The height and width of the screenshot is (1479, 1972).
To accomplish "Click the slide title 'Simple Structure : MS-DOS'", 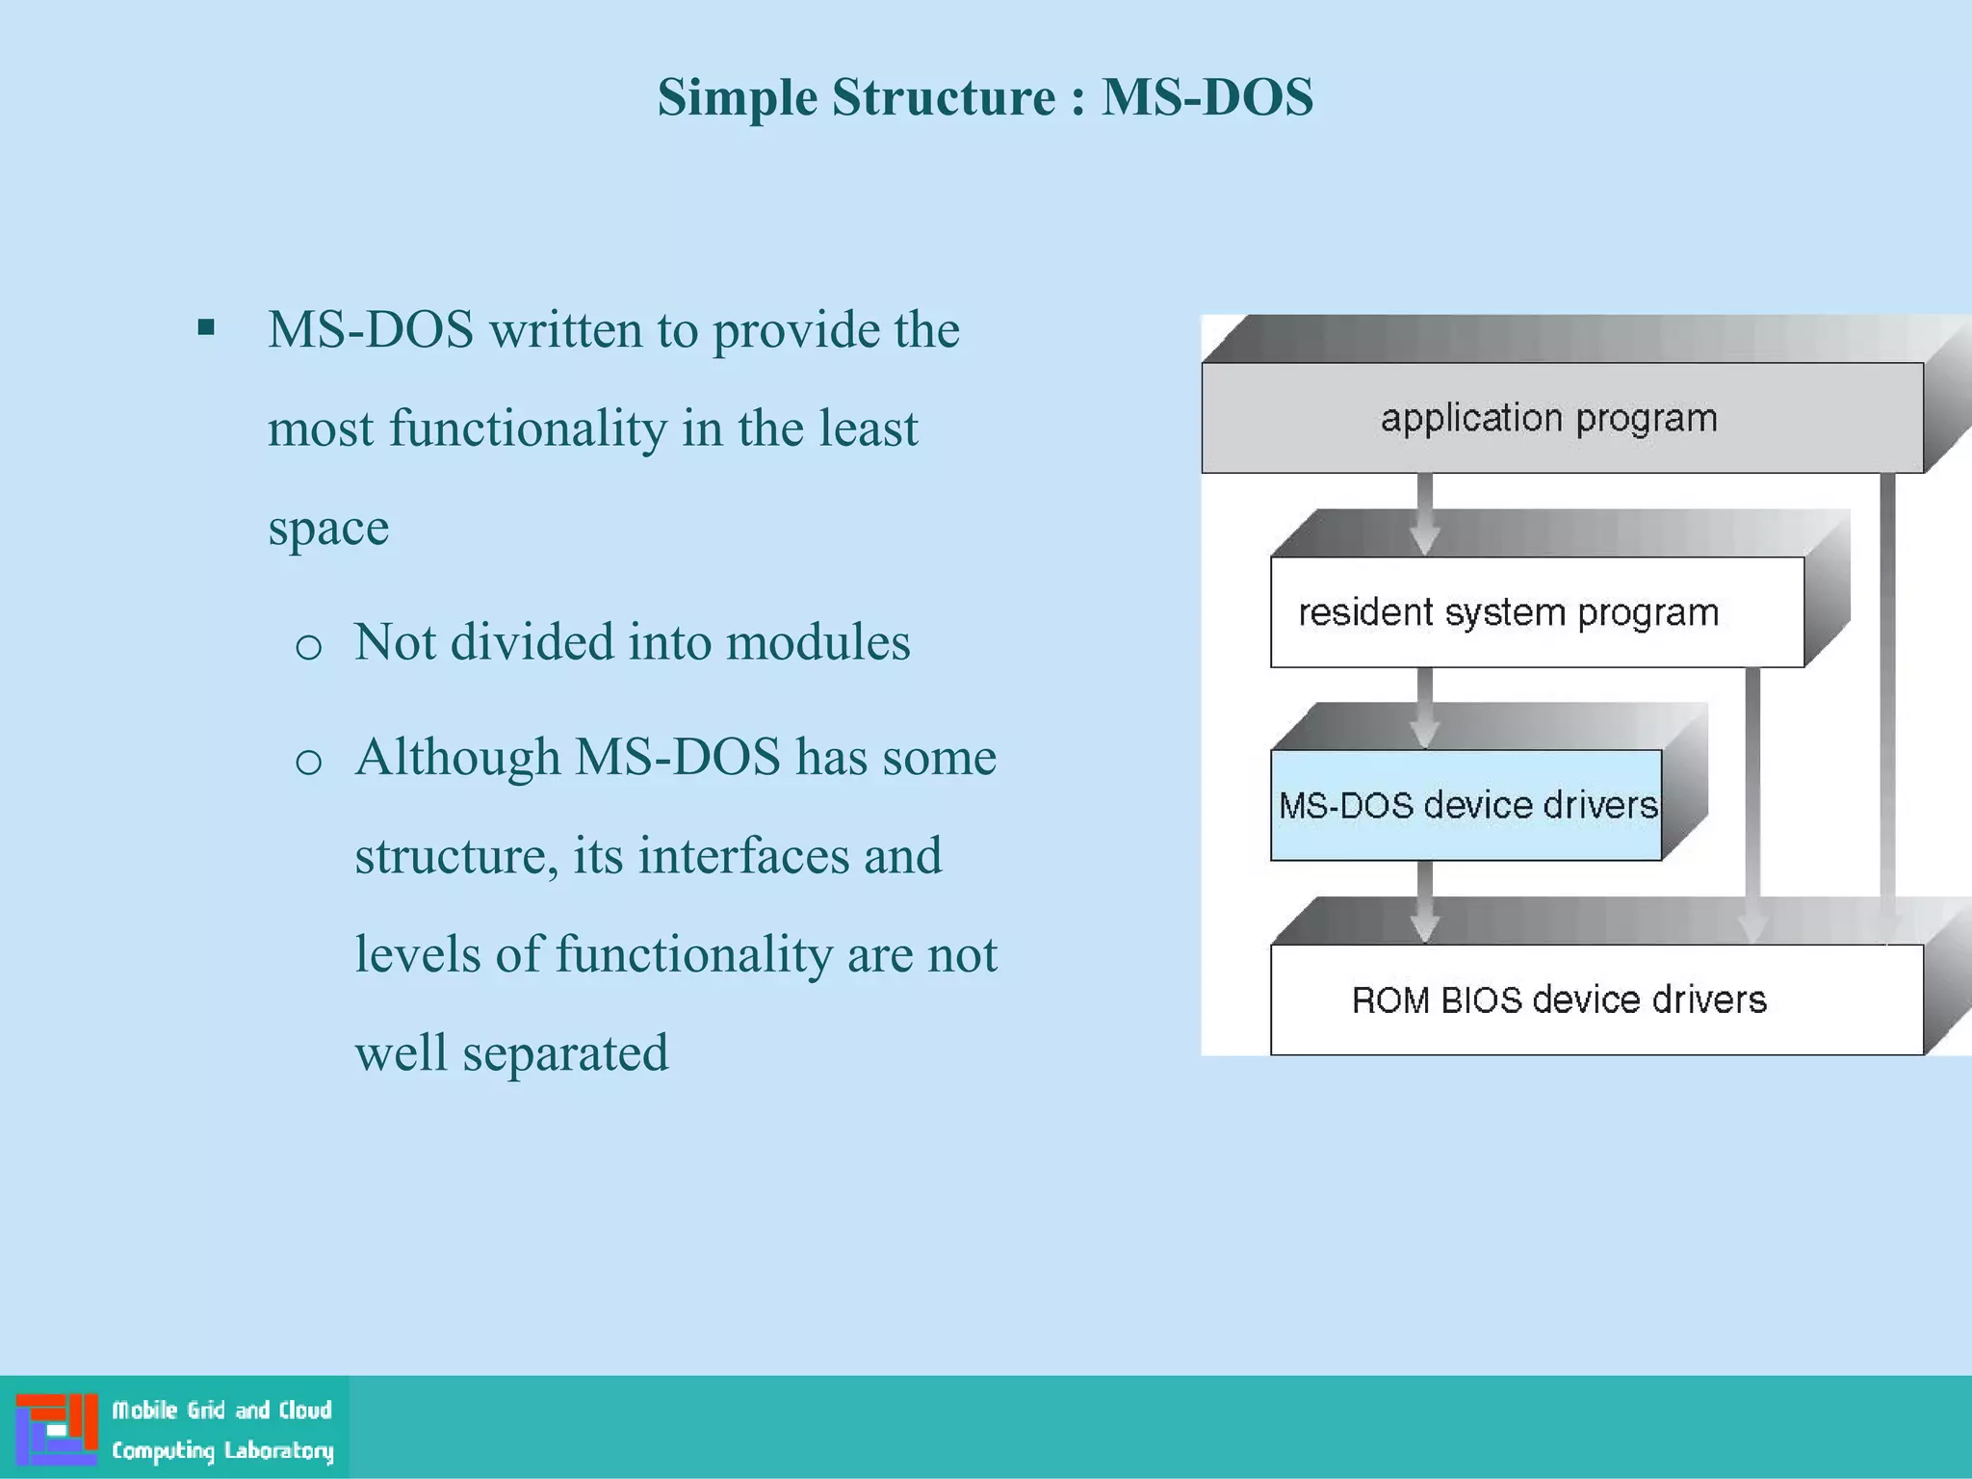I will click(x=985, y=97).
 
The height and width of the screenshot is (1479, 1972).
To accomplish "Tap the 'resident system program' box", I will click(x=1536, y=612).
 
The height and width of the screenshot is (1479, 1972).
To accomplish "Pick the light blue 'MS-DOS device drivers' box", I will click(x=1466, y=805).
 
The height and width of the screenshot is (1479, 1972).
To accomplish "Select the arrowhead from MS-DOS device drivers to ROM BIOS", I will click(x=1425, y=926).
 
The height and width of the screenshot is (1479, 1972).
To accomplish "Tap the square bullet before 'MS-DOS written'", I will click(x=206, y=329).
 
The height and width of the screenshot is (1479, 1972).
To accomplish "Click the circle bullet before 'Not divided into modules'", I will click(x=308, y=647).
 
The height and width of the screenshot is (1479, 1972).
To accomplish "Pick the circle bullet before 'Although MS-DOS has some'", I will click(x=308, y=762).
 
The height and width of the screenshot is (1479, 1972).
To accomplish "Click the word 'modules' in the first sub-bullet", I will click(x=817, y=642).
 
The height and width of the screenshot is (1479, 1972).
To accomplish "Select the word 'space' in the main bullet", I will click(x=328, y=529).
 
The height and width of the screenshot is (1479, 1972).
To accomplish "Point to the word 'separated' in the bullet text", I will click(x=565, y=1052).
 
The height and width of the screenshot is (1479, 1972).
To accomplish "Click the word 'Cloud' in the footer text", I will click(x=305, y=1410).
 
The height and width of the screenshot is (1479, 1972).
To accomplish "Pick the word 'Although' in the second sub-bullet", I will click(x=457, y=757).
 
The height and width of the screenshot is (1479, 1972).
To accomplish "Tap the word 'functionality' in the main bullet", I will click(x=528, y=428).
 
